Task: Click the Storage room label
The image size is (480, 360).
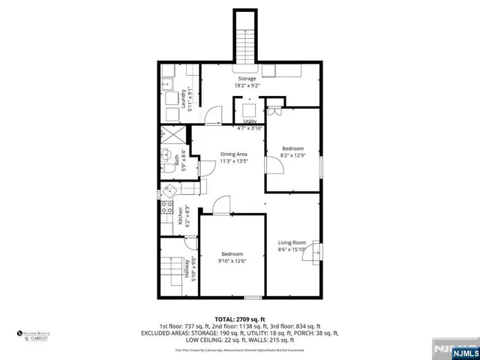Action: pyautogui.click(x=247, y=79)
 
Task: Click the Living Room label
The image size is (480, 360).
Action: pyautogui.click(x=292, y=242)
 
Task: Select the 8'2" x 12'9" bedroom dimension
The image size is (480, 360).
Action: pyautogui.click(x=292, y=156)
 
